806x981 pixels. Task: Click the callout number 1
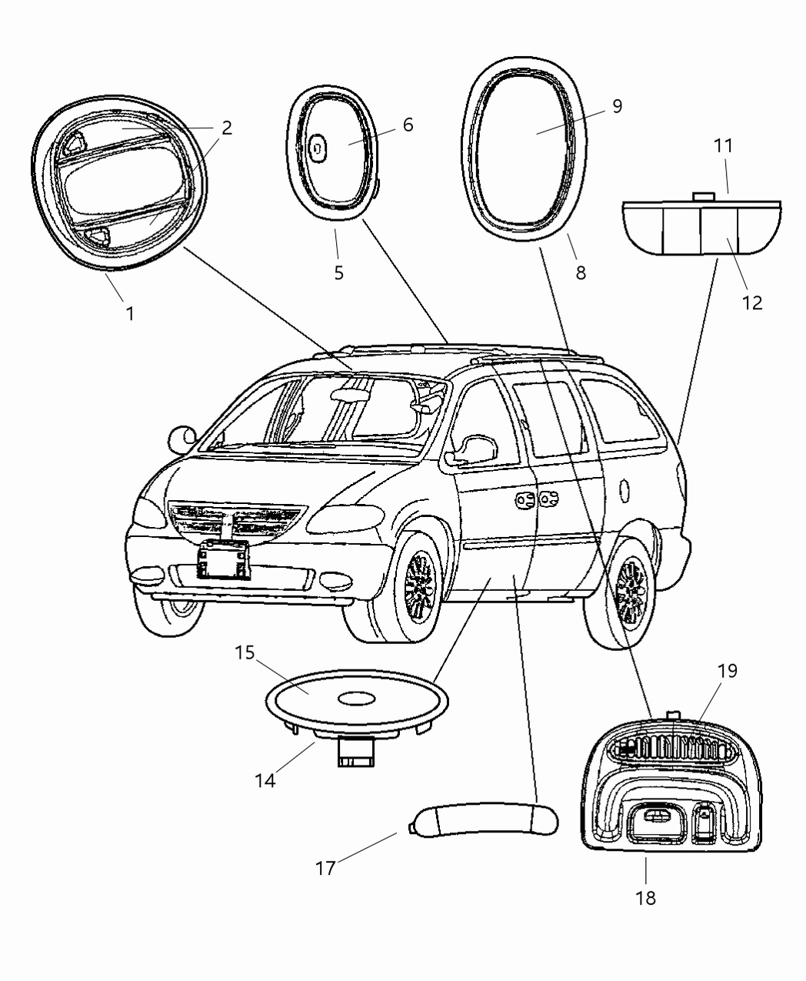click(130, 313)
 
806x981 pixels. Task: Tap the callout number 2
click(226, 128)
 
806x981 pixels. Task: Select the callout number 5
click(339, 272)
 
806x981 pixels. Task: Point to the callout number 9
click(618, 107)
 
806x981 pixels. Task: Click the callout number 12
click(752, 302)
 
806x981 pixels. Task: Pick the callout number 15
click(245, 653)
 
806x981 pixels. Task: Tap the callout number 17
click(325, 868)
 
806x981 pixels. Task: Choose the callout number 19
click(727, 670)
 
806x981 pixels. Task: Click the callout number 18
click(646, 897)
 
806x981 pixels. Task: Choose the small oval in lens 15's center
click(355, 699)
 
